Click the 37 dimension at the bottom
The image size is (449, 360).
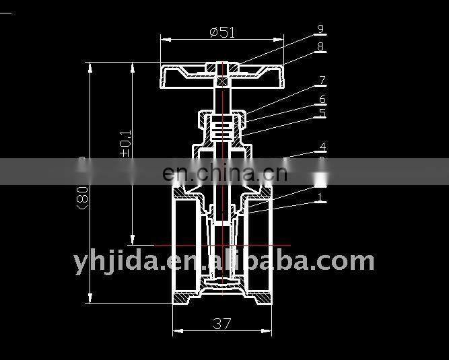point(222,324)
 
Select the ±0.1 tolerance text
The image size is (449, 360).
point(125,144)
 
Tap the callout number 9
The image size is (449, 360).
point(320,29)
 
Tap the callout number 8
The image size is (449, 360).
point(320,46)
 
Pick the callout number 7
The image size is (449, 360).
point(322,81)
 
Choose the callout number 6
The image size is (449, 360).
point(322,100)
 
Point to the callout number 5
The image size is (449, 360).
point(322,113)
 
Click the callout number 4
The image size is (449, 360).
point(322,147)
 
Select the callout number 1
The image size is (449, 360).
point(320,197)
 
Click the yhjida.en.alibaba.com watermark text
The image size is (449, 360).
point(223,260)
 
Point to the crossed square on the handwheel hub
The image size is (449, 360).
point(223,80)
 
